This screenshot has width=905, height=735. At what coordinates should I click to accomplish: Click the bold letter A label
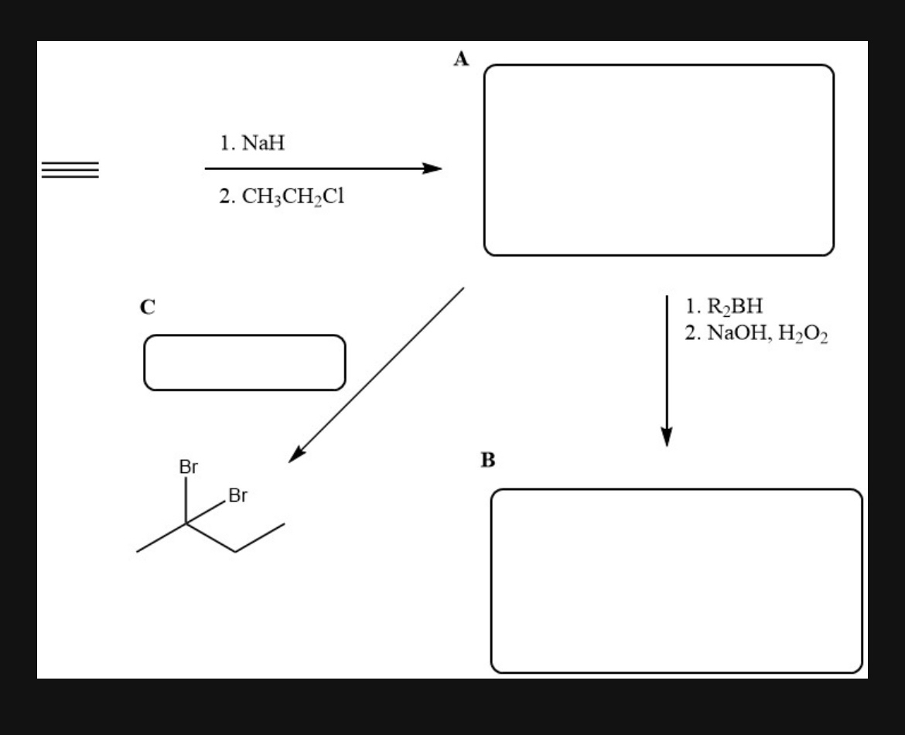[x=462, y=60]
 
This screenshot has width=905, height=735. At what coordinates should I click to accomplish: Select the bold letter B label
[x=487, y=461]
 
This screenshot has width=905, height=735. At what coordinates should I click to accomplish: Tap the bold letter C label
[x=146, y=307]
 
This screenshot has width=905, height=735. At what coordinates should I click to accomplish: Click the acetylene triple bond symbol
[x=70, y=169]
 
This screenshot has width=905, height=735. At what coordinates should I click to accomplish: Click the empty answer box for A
[x=658, y=160]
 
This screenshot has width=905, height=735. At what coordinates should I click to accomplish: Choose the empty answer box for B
[x=676, y=580]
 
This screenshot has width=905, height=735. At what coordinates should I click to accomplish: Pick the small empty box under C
[x=244, y=362]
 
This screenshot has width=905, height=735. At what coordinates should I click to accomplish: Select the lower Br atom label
[x=237, y=495]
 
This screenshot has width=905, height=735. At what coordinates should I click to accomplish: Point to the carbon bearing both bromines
[x=186, y=523]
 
